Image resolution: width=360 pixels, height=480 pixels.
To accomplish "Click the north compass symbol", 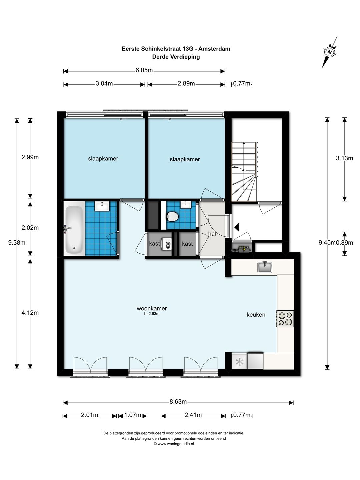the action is point(329,52).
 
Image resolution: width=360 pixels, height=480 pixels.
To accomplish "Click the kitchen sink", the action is point(265,267).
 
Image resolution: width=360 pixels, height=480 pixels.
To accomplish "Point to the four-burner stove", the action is point(285,319).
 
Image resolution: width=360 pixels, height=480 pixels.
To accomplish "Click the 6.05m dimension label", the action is point(144,70).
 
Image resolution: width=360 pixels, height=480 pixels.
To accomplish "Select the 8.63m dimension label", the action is point(178,401).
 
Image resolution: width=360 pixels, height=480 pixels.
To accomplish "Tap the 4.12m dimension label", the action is point(30,313).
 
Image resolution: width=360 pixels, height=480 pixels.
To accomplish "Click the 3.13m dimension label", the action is point(344,158).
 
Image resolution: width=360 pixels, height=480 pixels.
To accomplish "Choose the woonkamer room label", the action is point(152,308).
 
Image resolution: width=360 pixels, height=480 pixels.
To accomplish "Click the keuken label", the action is point(256,314).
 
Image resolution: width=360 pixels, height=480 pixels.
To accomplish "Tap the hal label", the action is point(212,234).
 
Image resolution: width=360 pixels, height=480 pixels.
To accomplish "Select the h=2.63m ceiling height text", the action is point(152,314).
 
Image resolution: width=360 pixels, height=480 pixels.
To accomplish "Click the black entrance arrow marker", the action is point(237,227).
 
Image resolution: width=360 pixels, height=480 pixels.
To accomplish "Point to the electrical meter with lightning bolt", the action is point(243,249).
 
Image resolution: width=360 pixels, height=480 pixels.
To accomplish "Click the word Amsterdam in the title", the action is point(214,49).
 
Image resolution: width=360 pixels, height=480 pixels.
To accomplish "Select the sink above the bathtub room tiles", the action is point(102,206).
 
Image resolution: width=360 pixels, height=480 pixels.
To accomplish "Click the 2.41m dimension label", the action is point(193,415).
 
